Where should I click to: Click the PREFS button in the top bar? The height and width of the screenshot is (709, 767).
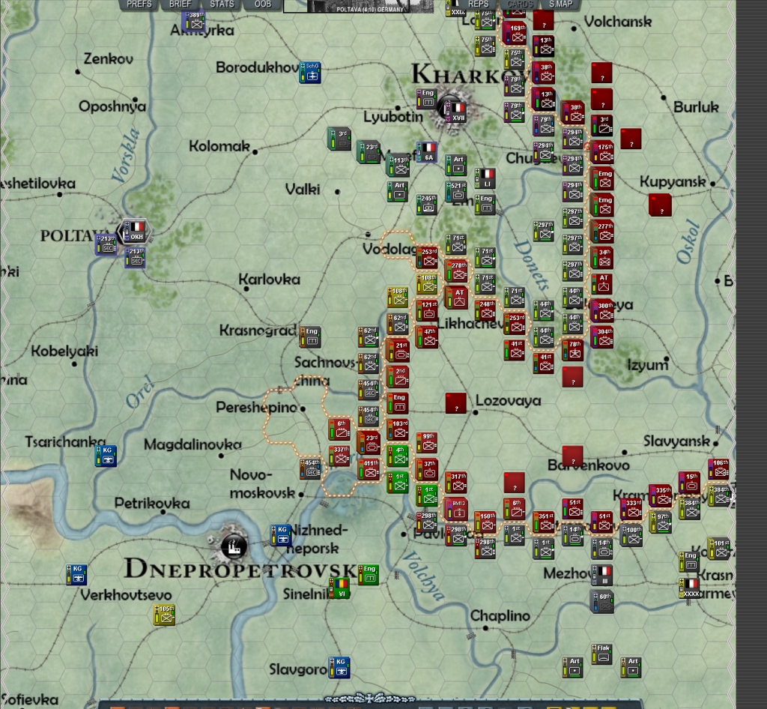pyautogui.click(x=139, y=4)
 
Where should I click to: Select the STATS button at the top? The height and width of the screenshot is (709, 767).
pyautogui.click(x=222, y=4)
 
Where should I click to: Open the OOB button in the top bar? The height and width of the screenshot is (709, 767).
pyautogui.click(x=263, y=4)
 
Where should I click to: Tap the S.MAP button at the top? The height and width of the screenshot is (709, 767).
pyautogui.click(x=561, y=4)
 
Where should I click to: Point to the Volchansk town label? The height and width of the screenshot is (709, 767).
pyautogui.click(x=617, y=22)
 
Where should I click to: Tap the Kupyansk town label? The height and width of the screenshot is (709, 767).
pyautogui.click(x=673, y=182)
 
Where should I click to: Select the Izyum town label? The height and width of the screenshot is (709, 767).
pyautogui.click(x=647, y=366)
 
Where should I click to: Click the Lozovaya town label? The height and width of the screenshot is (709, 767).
pyautogui.click(x=508, y=401)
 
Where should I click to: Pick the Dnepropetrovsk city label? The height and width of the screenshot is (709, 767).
pyautogui.click(x=239, y=568)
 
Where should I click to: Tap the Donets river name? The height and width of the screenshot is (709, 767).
pyautogui.click(x=533, y=265)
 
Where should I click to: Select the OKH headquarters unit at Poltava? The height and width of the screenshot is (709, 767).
pyautogui.click(x=135, y=231)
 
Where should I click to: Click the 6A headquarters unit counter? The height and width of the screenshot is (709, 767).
pyautogui.click(x=428, y=152)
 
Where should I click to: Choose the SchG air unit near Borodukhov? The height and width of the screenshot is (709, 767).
pyautogui.click(x=310, y=72)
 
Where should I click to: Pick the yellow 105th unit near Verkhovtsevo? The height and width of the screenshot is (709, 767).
pyautogui.click(x=165, y=615)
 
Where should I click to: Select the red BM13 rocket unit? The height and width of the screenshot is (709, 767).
pyautogui.click(x=456, y=507)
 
